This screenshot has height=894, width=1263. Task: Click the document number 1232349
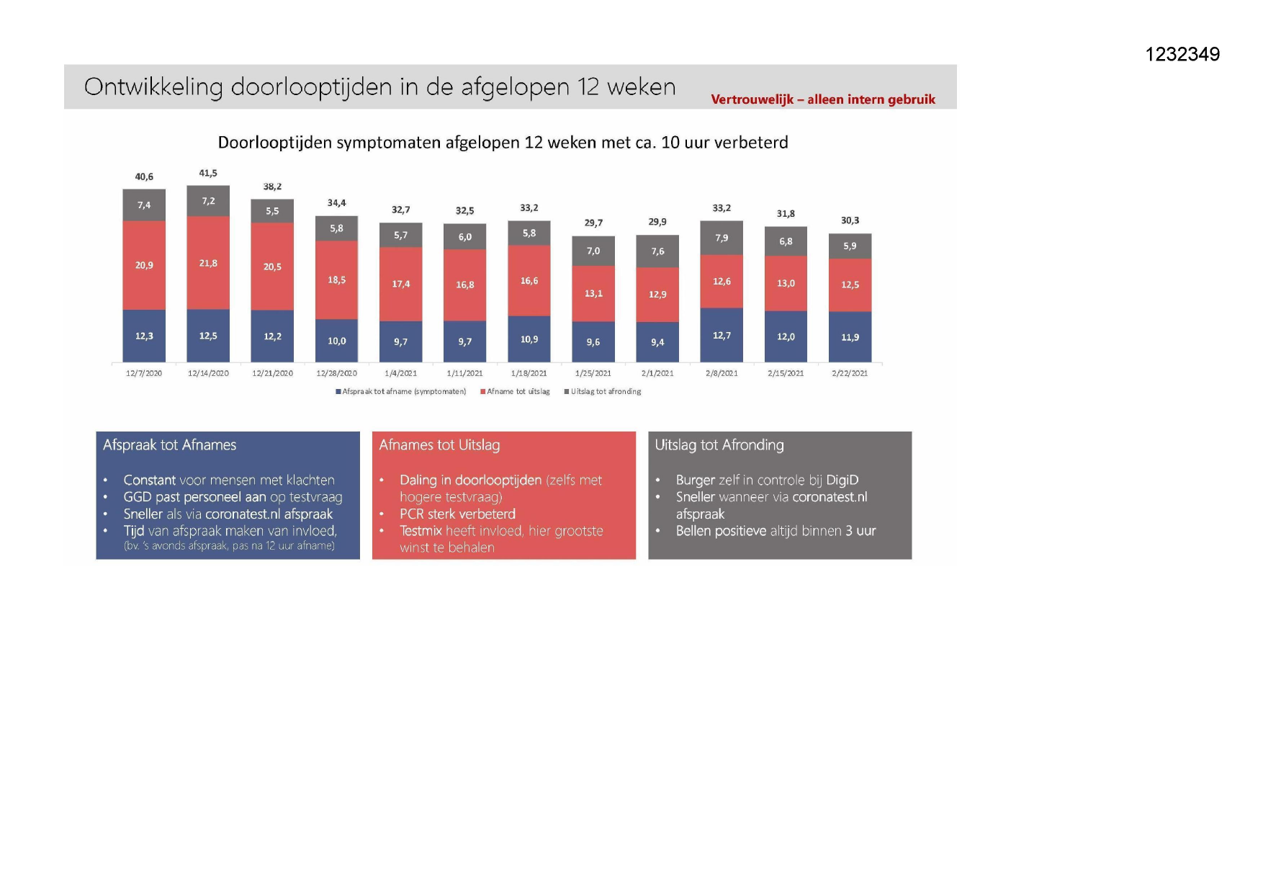point(1182,54)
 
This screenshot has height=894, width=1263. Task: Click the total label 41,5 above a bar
point(208,173)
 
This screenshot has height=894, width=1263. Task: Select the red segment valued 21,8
point(208,263)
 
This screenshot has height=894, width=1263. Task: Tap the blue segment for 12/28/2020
point(336,341)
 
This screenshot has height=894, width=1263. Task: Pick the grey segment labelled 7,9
point(722,238)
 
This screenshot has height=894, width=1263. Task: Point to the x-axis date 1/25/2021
point(593,373)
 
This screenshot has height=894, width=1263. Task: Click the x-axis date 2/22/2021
point(850,373)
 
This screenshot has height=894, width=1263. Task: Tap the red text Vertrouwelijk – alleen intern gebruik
point(823,99)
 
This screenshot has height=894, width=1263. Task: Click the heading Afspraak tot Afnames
point(169,445)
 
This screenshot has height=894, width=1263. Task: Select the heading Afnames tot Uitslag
point(439,445)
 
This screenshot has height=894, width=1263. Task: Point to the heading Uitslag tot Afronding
point(719,445)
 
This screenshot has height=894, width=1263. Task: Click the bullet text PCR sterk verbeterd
point(457,514)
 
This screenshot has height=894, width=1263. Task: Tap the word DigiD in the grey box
point(842,480)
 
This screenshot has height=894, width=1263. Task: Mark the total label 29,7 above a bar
point(593,223)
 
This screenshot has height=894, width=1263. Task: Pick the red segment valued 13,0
point(786,283)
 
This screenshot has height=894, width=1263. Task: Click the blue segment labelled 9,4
point(657,342)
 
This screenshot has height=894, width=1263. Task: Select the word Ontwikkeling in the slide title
point(153,87)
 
